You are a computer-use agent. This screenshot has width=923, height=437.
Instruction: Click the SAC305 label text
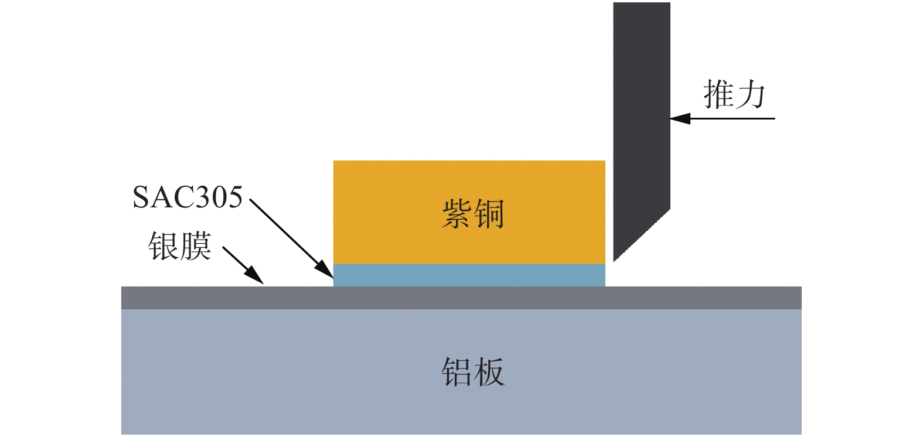coord(187,197)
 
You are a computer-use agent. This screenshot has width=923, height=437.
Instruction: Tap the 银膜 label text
coord(179,246)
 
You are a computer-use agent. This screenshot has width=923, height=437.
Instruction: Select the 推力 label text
coord(734,95)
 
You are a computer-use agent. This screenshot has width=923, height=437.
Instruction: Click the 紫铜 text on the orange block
coord(472,213)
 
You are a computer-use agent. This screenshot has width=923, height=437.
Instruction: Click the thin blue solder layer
coord(469,275)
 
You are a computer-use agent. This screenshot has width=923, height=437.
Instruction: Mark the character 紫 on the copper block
coord(457,213)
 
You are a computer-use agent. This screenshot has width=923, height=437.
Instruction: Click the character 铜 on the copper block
coord(489,213)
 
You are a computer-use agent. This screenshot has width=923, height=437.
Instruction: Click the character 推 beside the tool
coord(718,95)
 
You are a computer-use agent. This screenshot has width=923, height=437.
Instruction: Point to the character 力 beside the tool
coord(750,95)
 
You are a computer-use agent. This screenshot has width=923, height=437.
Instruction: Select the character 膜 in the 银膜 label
coord(195,246)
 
